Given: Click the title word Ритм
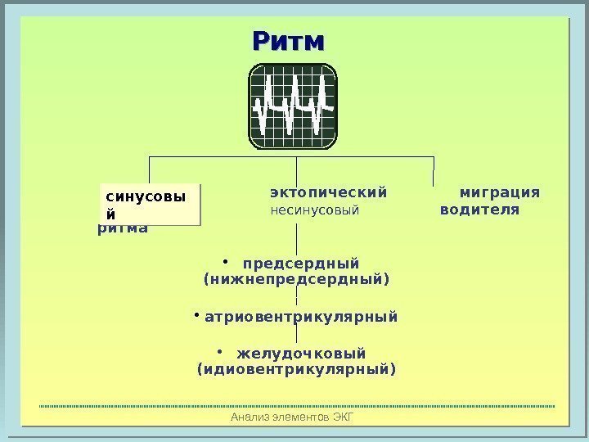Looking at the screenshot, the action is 289,41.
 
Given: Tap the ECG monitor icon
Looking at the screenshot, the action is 294,106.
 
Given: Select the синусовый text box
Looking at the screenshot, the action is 149,204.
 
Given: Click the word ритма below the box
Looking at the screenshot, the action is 123,228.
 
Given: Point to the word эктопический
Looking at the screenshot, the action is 328,193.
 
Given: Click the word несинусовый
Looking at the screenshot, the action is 315,210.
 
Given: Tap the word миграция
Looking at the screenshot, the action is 499,193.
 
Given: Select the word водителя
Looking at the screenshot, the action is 479,210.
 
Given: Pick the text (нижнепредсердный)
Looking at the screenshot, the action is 295,280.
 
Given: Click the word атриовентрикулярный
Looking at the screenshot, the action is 300,315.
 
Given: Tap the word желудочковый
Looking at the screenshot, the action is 301,353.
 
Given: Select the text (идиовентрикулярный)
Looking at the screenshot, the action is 296,369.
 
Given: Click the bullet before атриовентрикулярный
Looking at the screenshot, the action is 197,313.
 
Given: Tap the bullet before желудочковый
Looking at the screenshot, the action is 219,350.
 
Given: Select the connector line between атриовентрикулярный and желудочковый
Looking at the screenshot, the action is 296,333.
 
